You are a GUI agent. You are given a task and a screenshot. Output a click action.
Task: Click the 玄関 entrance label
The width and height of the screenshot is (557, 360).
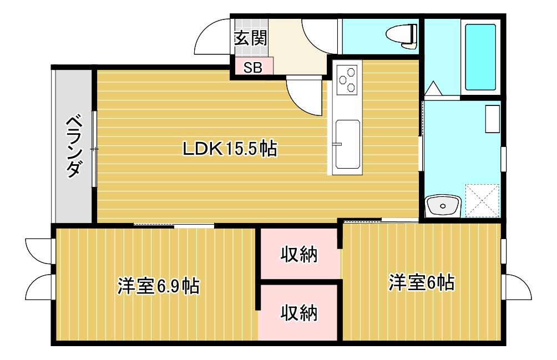(x=250, y=38)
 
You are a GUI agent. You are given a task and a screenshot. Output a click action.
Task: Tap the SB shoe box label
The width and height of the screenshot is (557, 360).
(x=252, y=68)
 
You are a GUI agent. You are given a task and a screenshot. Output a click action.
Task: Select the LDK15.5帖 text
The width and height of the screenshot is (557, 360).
(x=230, y=149)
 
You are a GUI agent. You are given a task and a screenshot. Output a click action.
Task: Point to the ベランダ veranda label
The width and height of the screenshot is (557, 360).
(x=74, y=146)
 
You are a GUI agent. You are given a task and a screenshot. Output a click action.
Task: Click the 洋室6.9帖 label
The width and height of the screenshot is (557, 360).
(x=159, y=286)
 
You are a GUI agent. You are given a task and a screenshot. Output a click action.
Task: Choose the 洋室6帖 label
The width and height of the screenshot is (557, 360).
(x=421, y=282)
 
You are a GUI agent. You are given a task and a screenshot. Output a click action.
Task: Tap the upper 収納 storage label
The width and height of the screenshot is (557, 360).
(x=299, y=254)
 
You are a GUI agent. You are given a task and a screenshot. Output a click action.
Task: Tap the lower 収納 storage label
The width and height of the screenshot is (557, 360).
(x=299, y=313)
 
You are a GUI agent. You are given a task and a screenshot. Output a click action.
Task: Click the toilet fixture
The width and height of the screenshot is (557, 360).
(x=402, y=36)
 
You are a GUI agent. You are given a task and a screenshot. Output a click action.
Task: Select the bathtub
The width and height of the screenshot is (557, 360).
(x=480, y=57)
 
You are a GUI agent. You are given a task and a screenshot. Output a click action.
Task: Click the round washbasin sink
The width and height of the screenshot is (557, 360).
(x=443, y=206)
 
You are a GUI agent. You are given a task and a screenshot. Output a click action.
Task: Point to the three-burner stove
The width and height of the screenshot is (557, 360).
(x=347, y=80)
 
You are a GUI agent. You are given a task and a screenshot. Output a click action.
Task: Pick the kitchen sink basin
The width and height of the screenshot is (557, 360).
(x=347, y=144)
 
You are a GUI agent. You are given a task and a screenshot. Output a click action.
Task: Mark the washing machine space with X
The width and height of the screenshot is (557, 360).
(x=483, y=201)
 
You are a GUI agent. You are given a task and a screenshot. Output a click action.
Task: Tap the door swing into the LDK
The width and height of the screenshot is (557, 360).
(x=304, y=96)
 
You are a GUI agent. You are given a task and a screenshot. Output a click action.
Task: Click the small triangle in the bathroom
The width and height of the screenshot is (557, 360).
(x=433, y=88)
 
